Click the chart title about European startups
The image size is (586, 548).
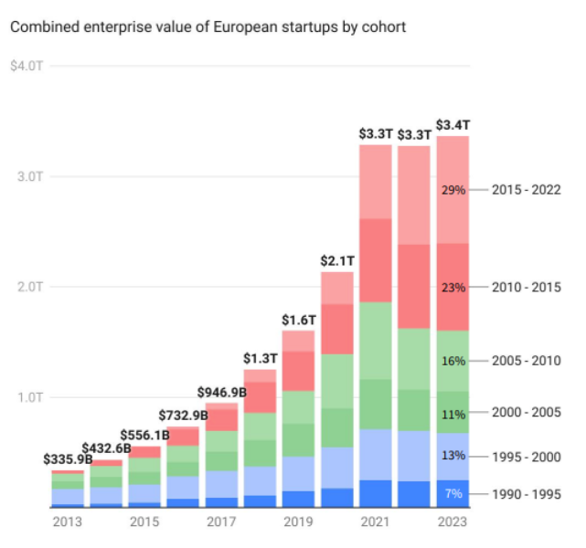[208, 26]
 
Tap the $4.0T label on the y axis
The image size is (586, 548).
[26, 67]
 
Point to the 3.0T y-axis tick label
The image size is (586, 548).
[27, 176]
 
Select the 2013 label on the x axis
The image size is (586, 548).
[66, 522]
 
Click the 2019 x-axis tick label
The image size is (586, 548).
[297, 522]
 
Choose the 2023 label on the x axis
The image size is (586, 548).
[452, 522]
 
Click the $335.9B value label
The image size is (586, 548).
[69, 458]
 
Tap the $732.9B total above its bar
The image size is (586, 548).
[183, 416]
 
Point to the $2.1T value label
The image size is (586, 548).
[337, 260]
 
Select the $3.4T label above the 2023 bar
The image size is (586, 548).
[453, 124]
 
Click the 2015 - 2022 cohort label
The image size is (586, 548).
[526, 190]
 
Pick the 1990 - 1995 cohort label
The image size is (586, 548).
[526, 494]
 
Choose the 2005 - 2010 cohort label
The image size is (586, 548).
[526, 360]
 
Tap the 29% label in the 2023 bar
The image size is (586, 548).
[453, 190]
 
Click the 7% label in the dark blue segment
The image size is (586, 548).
[453, 494]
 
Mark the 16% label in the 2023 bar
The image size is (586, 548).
[453, 360]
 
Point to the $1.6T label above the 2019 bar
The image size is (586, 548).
[298, 321]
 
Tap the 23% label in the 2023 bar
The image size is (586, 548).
[453, 288]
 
